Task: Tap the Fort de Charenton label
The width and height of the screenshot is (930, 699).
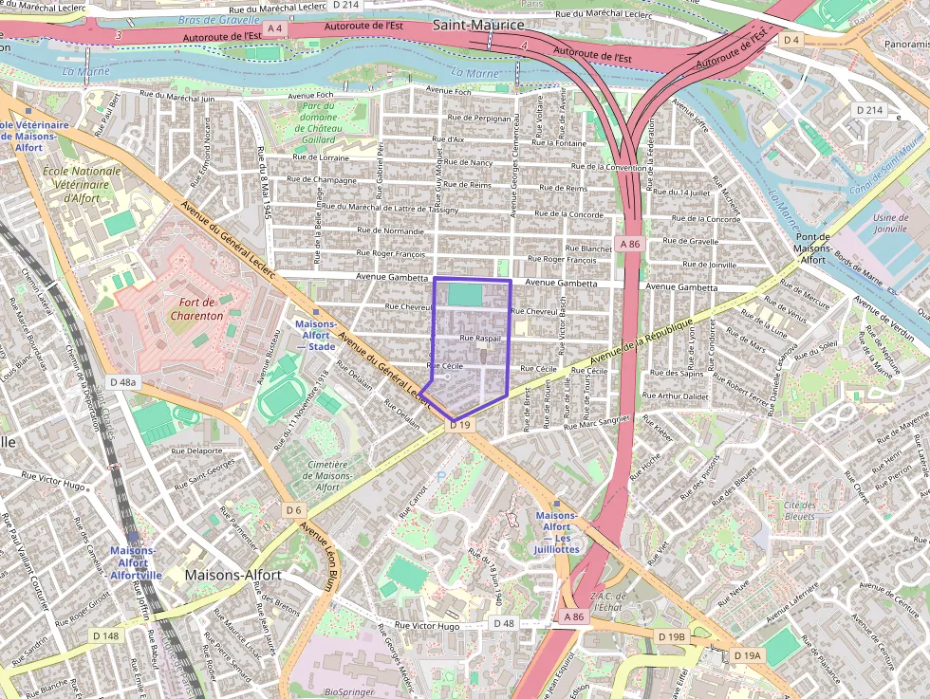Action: [x=200, y=308]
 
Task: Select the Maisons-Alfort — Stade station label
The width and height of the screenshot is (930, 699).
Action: [x=314, y=335]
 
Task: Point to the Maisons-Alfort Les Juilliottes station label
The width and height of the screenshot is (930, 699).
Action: [x=556, y=532]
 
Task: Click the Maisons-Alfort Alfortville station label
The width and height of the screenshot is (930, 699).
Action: [x=136, y=562]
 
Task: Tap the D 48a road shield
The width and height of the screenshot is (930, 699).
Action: [x=123, y=382]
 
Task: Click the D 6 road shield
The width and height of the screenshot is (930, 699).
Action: [x=293, y=510]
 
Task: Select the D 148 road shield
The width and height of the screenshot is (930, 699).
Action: [x=106, y=635]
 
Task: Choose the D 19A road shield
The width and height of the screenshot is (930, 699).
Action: [x=747, y=655]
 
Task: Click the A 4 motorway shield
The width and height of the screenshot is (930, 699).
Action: [x=275, y=29]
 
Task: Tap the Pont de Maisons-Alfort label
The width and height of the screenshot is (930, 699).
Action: [x=812, y=248]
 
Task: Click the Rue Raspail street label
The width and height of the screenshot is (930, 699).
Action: [x=479, y=338]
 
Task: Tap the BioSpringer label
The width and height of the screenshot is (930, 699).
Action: [x=351, y=691]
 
